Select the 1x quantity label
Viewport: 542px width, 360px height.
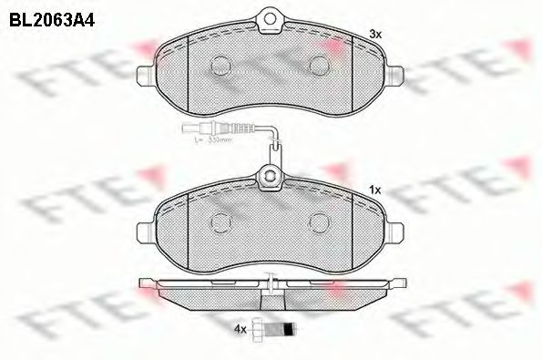[x=373, y=189]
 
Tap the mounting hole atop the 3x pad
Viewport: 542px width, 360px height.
[x=271, y=15]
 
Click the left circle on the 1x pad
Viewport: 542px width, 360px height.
[x=221, y=221]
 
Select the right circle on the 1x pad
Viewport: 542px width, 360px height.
[x=320, y=221]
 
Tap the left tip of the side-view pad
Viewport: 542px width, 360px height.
[x=139, y=281]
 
